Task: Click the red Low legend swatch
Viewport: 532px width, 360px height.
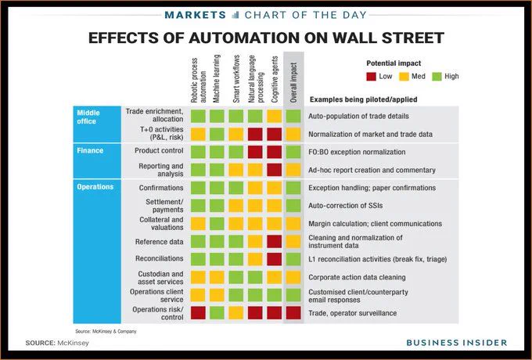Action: [x=371, y=77]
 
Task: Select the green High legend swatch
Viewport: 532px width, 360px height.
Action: [x=437, y=77]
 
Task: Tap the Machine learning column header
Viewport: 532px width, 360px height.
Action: [x=217, y=78]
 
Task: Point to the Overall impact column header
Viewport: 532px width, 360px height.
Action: [x=293, y=82]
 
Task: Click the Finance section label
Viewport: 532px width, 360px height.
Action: [x=90, y=150]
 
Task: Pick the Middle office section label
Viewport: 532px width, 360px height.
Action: [x=88, y=117]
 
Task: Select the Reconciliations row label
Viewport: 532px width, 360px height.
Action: [x=159, y=258]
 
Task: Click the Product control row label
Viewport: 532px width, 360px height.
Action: [x=159, y=150]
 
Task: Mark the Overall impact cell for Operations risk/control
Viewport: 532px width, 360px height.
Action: [x=293, y=313]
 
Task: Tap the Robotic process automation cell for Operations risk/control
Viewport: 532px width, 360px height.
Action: [x=198, y=313]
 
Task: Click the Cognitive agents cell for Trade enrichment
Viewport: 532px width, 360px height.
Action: [x=275, y=116]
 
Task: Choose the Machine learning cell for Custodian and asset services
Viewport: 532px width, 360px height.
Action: [x=217, y=277]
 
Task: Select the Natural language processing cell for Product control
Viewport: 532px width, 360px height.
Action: [x=255, y=152]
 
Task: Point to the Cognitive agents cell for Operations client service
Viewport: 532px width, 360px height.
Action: [x=275, y=295]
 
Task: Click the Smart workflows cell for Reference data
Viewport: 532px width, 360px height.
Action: [x=236, y=242]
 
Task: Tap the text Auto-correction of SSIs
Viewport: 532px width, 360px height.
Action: [x=345, y=206]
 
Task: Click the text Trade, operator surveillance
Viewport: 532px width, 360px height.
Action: [x=353, y=313]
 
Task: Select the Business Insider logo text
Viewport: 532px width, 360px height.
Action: [x=457, y=342]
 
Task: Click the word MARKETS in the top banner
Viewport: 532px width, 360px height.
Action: [x=196, y=15]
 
